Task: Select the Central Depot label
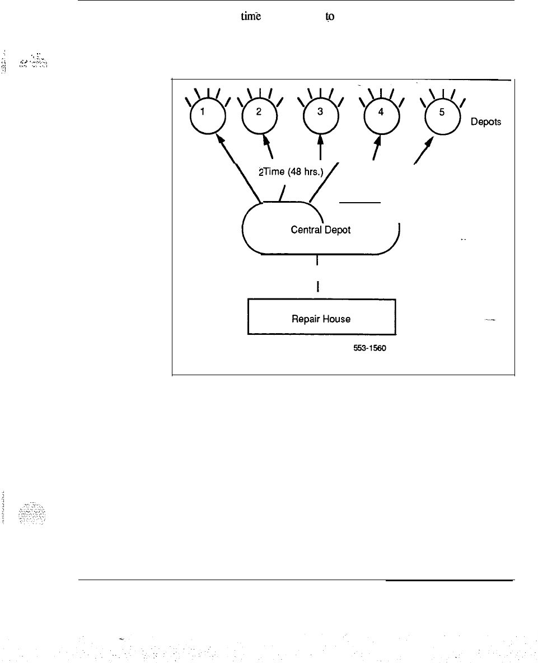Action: pos(320,230)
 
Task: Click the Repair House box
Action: pos(321,318)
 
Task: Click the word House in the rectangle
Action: pos(336,319)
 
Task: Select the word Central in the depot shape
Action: pos(305,230)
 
